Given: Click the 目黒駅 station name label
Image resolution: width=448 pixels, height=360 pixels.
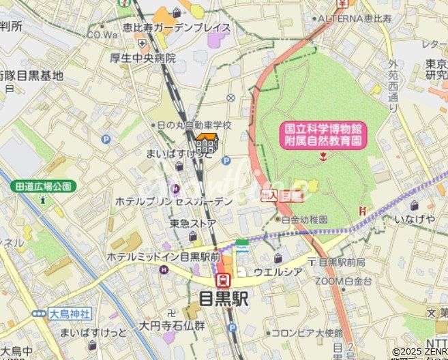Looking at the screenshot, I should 223,299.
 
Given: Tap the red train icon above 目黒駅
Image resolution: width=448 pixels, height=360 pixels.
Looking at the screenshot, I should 223,280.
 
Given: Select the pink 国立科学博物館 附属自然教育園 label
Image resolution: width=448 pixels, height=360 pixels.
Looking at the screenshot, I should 323,135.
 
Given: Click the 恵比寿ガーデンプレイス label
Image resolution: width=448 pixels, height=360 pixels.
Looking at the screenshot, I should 177,28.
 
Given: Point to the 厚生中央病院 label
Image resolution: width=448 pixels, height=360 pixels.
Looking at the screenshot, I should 143,58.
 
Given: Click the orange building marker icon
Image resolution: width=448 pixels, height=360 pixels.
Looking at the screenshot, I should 207,145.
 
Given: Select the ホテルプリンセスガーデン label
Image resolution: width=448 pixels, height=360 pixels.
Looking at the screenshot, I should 174,201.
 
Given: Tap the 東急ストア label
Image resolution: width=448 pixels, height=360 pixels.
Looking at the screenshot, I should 193,224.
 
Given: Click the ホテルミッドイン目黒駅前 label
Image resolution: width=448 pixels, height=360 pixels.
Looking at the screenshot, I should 163,256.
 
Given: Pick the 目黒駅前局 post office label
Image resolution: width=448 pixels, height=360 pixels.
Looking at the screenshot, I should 341,262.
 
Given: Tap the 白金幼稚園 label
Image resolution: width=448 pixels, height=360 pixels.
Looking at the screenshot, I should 304,220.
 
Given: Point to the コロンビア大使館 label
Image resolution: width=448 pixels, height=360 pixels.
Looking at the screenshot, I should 306,333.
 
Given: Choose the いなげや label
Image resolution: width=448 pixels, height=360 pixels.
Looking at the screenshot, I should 415,219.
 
